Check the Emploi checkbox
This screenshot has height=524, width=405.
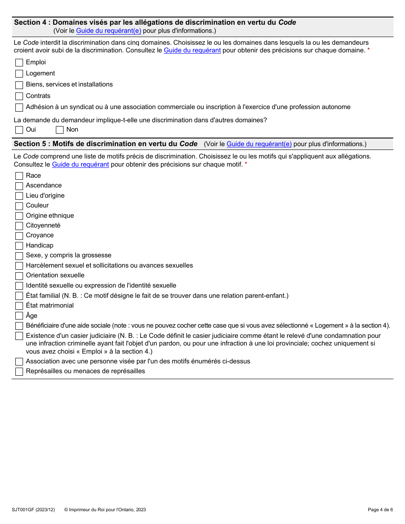[19, 63]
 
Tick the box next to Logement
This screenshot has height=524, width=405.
[19, 74]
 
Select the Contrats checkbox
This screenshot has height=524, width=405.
[19, 96]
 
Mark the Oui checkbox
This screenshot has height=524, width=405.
[19, 130]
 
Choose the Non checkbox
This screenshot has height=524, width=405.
[60, 130]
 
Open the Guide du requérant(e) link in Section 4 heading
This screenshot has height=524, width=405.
[108, 31]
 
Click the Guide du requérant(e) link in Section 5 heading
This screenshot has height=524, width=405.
[259, 144]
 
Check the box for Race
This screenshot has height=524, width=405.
[19, 176]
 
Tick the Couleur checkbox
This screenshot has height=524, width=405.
[19, 206]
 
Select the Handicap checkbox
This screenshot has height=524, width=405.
[19, 246]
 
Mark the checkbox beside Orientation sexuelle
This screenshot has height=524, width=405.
[19, 276]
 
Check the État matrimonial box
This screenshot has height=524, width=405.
[19, 306]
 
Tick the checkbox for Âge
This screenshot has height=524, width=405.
[19, 316]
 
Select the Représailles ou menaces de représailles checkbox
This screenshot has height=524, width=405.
[19, 371]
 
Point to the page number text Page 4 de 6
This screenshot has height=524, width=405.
[380, 510]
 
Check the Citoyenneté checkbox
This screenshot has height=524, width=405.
[19, 226]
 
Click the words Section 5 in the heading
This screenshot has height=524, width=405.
[30, 144]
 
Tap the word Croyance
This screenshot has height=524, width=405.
[40, 235]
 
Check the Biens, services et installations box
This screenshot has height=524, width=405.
[19, 85]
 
